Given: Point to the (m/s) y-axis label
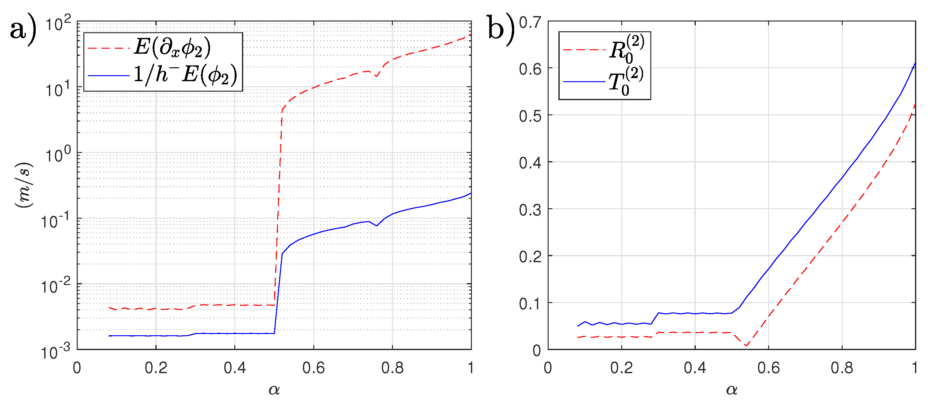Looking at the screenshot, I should (24, 185).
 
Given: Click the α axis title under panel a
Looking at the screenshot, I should (274, 390).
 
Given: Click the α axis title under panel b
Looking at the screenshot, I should (731, 390).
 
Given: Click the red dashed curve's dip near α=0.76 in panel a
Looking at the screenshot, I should (377, 76).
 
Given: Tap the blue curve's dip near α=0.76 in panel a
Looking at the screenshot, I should (377, 226).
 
